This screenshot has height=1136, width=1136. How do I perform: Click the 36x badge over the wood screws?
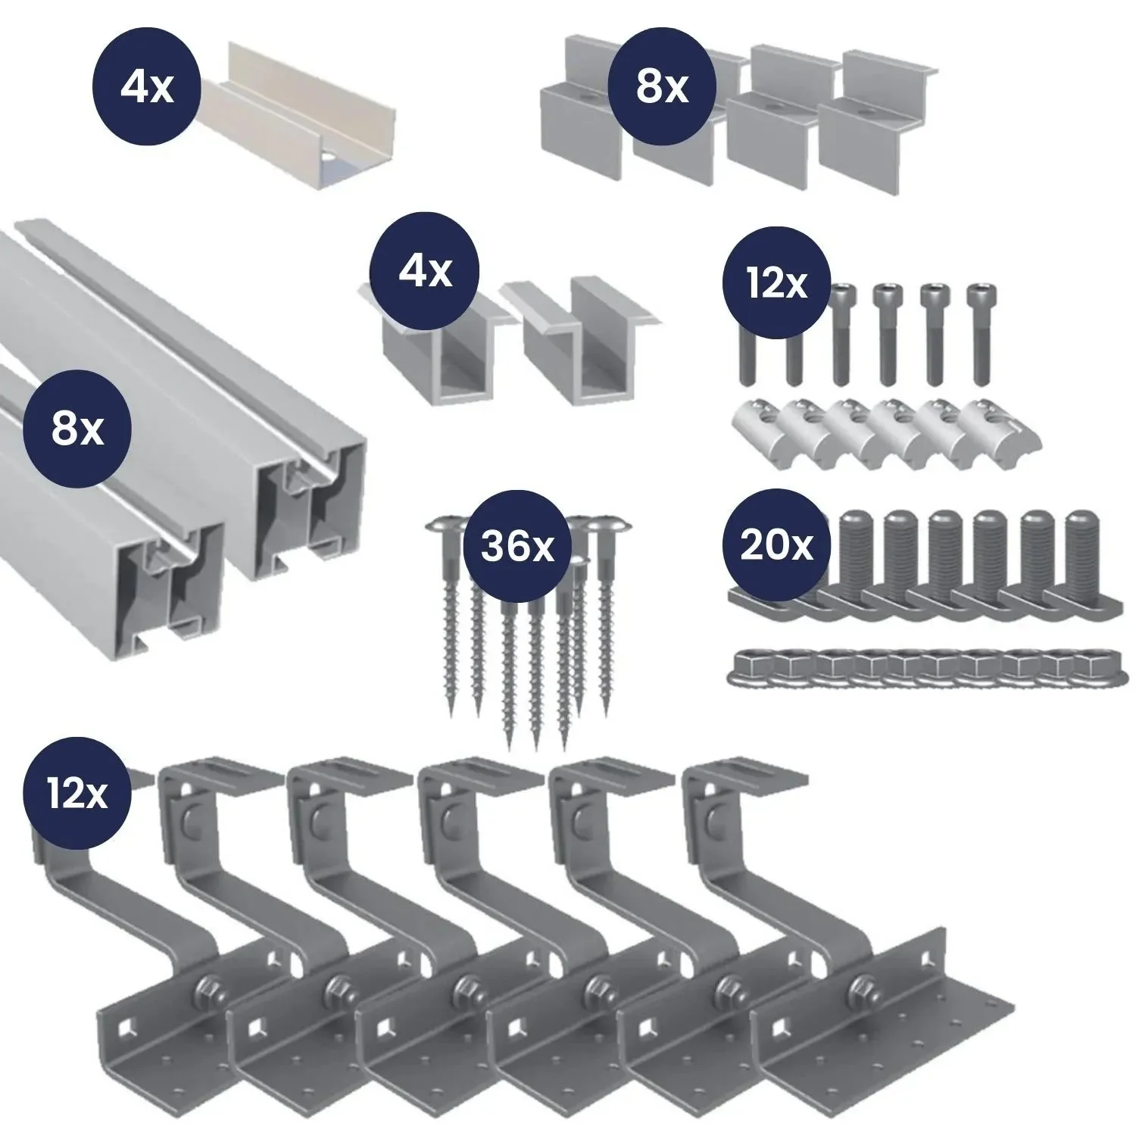517,545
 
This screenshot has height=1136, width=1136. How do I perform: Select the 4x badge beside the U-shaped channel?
147,88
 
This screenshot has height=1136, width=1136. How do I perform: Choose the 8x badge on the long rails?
77,429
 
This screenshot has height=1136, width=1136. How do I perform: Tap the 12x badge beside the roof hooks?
76,793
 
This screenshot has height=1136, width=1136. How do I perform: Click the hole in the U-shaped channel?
329,160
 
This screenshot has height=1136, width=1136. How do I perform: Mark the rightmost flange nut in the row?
1091,666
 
